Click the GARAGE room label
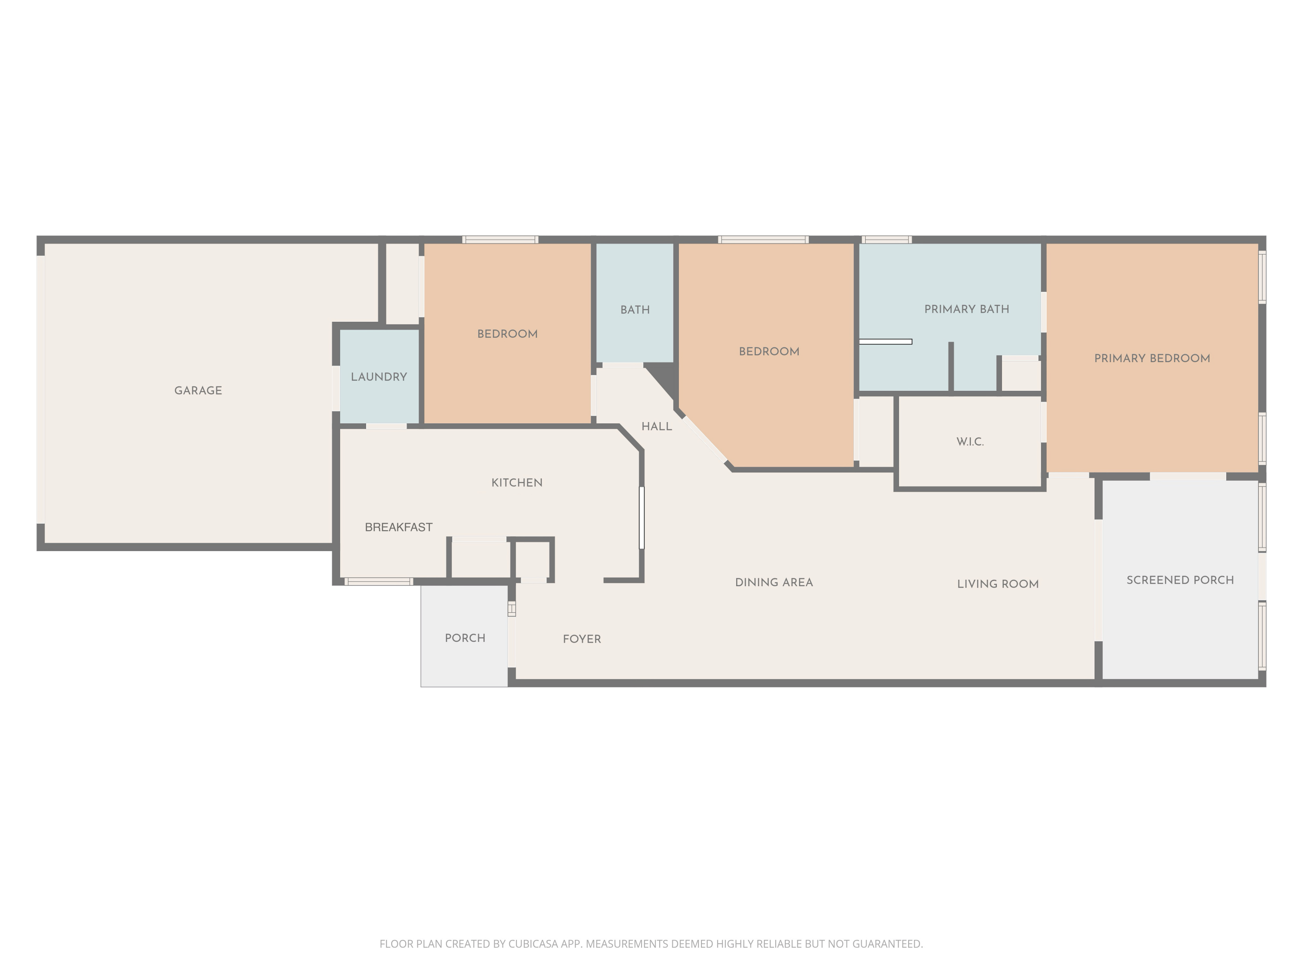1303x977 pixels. tap(198, 390)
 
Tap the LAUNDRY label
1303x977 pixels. tap(379, 377)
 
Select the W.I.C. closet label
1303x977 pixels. tap(969, 442)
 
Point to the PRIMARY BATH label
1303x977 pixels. tap(966, 309)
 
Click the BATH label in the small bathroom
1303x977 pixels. tap(635, 310)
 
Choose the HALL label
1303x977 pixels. tap(656, 426)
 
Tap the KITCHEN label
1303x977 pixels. tap(516, 483)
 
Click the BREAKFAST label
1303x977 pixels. tap(398, 527)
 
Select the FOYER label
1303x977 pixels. tap(582, 639)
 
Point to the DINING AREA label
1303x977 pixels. tap(774, 582)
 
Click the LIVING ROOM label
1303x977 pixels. tap(997, 584)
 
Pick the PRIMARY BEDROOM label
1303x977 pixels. tap(1151, 358)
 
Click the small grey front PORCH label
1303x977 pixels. tap(465, 638)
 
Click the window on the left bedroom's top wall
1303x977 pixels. tap(500, 240)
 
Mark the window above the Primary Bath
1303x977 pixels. tap(886, 240)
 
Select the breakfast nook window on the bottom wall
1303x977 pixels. tap(378, 582)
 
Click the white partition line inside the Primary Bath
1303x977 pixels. tap(885, 342)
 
